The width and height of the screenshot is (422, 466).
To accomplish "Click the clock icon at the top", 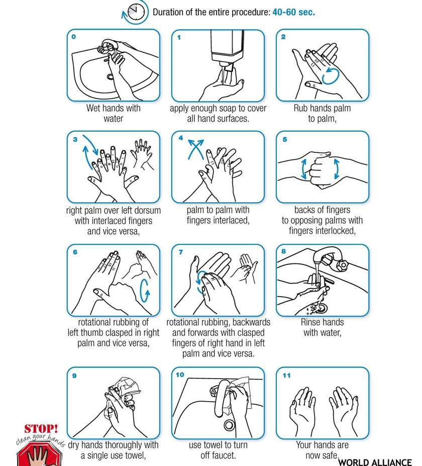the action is click(136, 12).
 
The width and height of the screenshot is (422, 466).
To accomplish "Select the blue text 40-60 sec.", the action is click(293, 12).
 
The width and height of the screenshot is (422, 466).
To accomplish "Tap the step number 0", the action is click(74, 37).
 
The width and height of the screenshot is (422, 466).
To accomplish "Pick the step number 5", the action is click(285, 139).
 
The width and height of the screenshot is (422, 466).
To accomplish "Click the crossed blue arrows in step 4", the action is click(196, 149).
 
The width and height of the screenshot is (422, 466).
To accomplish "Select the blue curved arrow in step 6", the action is click(145, 291).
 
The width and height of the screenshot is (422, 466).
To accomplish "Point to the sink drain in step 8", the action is click(321, 308).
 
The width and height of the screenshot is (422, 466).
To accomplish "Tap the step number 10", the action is click(180, 375).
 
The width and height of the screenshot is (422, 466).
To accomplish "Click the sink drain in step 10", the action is click(229, 425).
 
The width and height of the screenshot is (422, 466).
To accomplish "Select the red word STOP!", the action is click(41, 428).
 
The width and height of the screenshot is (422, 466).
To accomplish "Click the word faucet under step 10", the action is click(218, 455).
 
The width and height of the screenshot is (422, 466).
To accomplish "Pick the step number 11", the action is click(286, 376).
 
